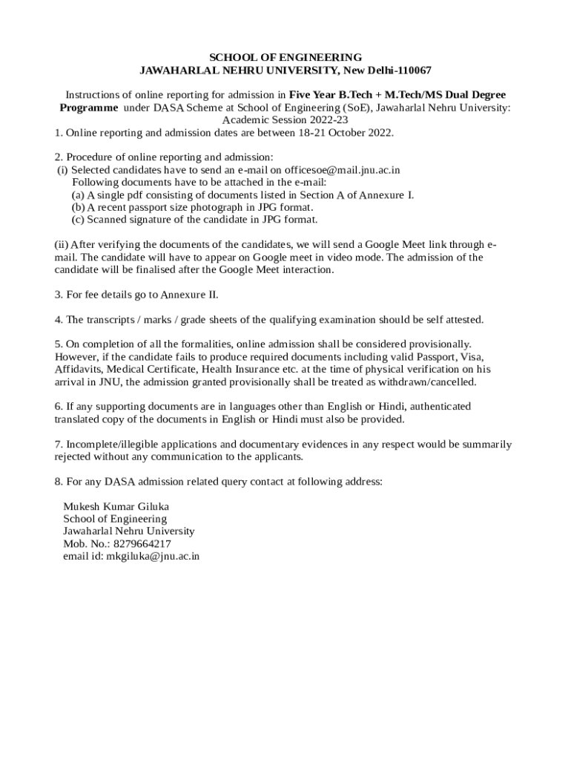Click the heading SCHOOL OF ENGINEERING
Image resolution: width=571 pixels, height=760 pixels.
285,57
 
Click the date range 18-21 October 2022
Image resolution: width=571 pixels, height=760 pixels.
345,133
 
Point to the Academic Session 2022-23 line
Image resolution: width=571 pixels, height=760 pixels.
285,119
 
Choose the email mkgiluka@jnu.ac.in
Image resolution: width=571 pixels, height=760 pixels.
153,556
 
